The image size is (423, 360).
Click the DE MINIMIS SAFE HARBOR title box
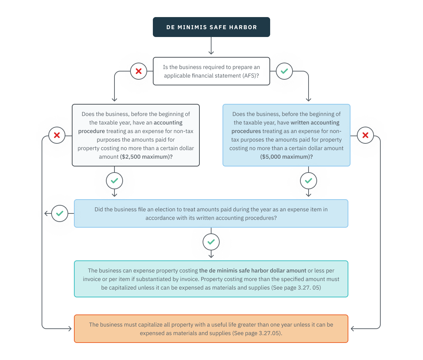click(211, 27)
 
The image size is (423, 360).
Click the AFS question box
click(211, 71)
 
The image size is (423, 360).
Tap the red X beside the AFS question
click(139, 71)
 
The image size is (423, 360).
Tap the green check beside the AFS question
click(284, 71)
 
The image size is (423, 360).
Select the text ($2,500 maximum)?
click(146, 157)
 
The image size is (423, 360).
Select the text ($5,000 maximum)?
click(287, 157)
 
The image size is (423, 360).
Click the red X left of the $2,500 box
click(57, 135)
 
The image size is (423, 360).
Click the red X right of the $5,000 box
click(365, 135)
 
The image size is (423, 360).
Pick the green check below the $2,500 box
click(114, 181)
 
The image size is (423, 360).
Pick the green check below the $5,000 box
click(309, 181)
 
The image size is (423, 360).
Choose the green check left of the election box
click(60, 213)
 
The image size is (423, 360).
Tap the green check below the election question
click(211, 242)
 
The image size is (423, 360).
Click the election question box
click(211, 213)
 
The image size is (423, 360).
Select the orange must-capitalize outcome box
click(211, 329)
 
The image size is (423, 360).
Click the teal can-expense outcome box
click(211, 279)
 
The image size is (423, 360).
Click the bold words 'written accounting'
click(315, 123)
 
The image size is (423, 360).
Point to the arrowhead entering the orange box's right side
click(353, 329)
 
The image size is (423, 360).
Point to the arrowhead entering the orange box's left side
click(70, 329)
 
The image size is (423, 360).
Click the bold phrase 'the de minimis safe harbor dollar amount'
click(252, 271)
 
